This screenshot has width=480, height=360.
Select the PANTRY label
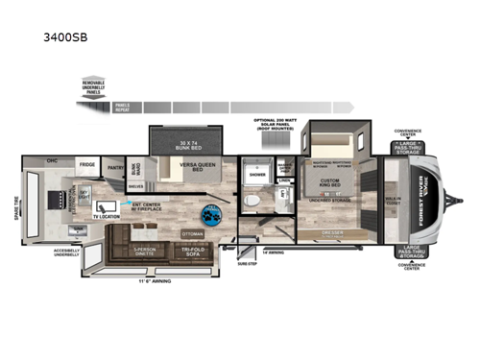(x=116, y=165)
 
